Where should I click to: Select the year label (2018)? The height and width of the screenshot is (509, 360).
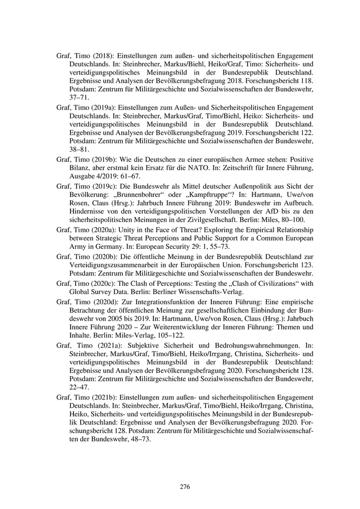[101, 54]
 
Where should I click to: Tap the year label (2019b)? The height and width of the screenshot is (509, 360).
[103, 159]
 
